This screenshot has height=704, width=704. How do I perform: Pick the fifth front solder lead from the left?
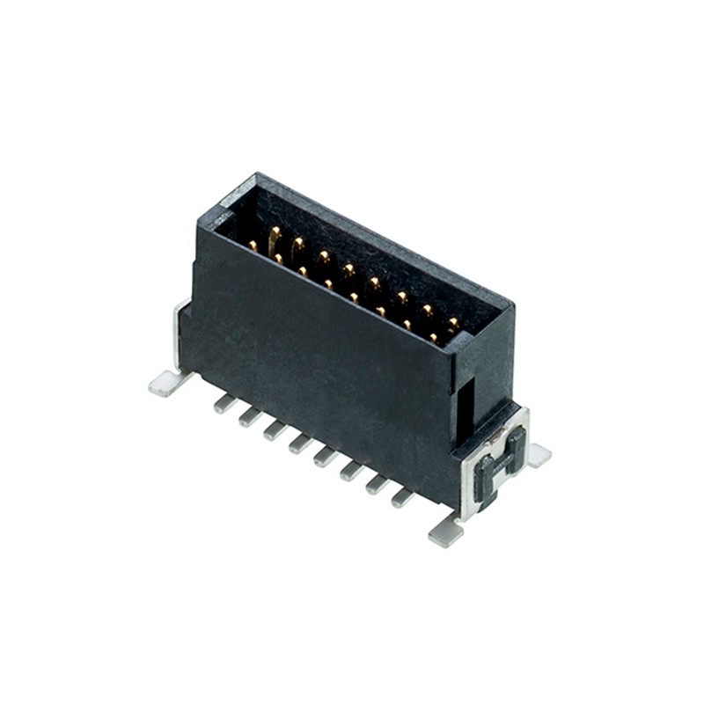[326, 456]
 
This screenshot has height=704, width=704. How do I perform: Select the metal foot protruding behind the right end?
[538, 454]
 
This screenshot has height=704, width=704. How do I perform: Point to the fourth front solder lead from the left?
[300, 443]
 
